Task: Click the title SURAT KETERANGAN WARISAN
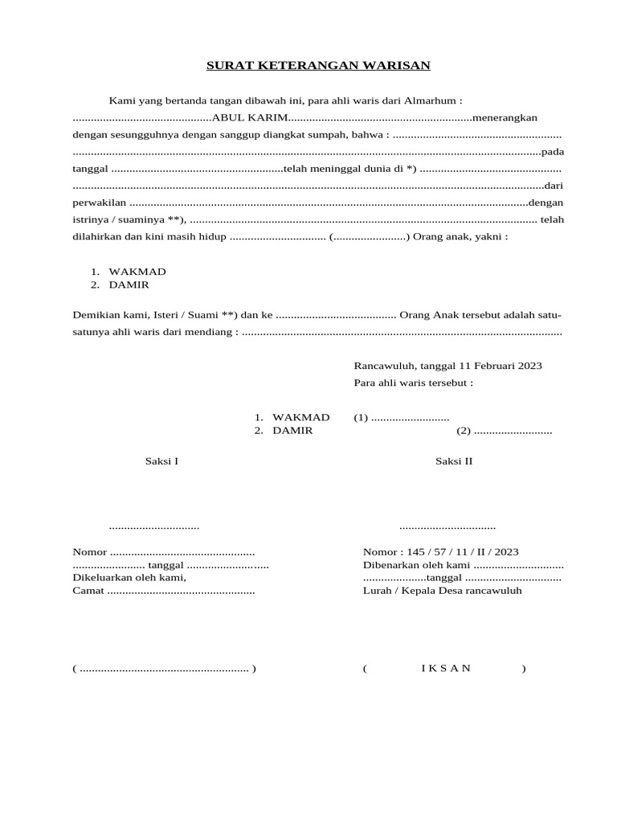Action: (319, 66)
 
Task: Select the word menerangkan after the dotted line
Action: (505, 118)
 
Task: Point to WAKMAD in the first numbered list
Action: (137, 272)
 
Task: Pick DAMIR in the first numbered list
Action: (129, 285)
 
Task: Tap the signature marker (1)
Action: (361, 417)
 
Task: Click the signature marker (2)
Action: (464, 431)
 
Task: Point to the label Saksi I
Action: (161, 461)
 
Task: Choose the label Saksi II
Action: (454, 461)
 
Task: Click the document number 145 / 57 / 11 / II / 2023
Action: (463, 552)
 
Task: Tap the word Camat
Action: (88, 591)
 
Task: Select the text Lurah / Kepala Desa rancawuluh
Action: (443, 591)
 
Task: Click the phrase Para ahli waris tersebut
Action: (413, 383)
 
